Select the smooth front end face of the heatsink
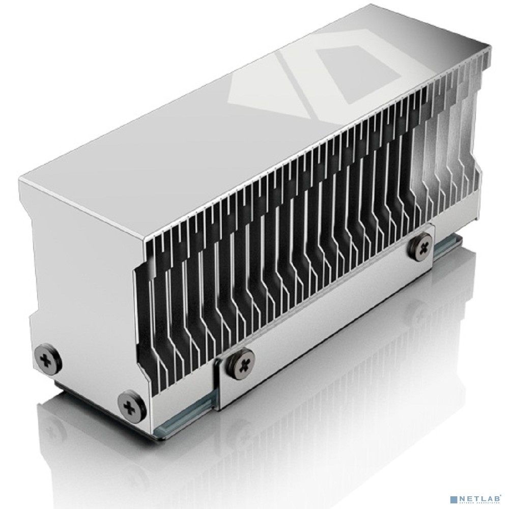tap(76, 285)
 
